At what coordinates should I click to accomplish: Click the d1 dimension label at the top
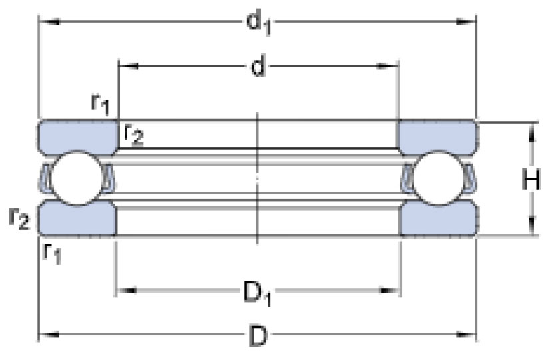tap(259, 23)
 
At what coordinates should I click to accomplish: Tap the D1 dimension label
tap(258, 293)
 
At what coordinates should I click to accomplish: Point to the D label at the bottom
tap(258, 336)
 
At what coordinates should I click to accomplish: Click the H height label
tap(531, 180)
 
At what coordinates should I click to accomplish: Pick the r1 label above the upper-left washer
tap(101, 104)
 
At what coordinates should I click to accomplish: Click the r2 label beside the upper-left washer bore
tap(133, 134)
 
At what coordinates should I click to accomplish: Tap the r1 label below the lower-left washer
tap(52, 252)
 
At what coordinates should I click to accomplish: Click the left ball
tap(77, 178)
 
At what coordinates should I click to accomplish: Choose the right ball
tap(438, 178)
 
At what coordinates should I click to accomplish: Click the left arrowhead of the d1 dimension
tap(49, 22)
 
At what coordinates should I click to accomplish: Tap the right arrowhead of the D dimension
tap(466, 335)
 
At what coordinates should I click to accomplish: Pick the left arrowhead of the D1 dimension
tap(127, 291)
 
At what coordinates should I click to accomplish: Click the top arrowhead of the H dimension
tap(532, 132)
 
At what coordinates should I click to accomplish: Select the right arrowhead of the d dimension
tap(388, 66)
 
